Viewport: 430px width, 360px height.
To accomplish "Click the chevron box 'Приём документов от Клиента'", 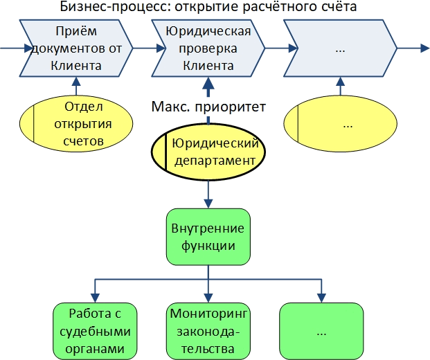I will (x=76, y=48).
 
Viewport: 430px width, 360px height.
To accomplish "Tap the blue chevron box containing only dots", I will (x=340, y=48).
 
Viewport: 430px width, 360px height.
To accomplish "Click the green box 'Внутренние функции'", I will (x=208, y=236).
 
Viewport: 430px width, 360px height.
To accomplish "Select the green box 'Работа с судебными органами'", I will (x=94, y=330).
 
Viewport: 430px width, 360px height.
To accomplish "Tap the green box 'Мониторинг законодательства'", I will (x=208, y=330).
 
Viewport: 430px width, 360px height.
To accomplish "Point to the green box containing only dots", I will (x=321, y=330).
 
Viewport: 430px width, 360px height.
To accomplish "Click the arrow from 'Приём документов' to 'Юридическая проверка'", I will (x=144, y=48).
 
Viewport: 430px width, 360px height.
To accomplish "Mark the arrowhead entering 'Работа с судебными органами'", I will (x=94, y=296).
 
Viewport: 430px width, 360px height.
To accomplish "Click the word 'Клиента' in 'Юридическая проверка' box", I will (x=205, y=66).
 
